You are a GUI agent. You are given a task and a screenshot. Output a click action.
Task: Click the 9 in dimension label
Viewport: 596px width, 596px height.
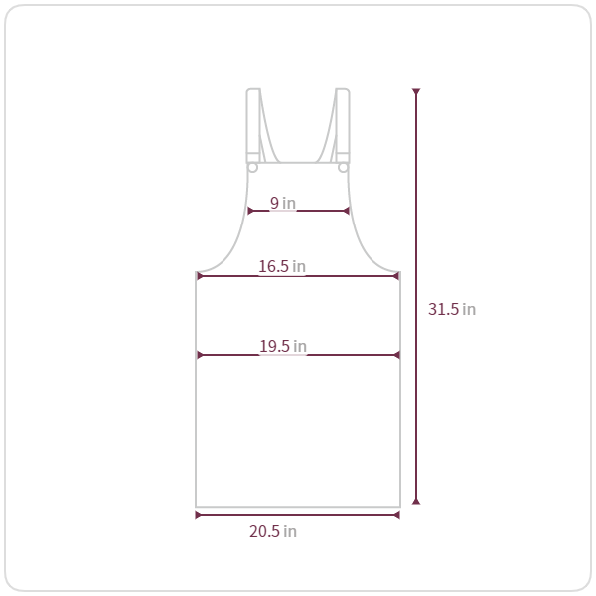(x=283, y=203)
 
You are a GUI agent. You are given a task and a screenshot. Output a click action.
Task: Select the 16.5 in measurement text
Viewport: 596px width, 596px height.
(x=282, y=266)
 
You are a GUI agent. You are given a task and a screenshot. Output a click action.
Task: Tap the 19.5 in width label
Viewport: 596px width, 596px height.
(x=283, y=346)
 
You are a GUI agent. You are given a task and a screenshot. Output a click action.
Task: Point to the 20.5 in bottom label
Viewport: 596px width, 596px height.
(x=273, y=531)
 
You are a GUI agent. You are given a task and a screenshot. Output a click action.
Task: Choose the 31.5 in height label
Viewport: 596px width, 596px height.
(x=452, y=309)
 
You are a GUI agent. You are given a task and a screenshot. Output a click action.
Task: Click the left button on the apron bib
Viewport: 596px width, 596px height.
(x=252, y=167)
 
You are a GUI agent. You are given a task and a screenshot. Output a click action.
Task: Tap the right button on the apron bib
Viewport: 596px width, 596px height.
(x=343, y=167)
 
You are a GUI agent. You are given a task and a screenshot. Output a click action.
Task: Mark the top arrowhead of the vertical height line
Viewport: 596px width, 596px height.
(x=416, y=91)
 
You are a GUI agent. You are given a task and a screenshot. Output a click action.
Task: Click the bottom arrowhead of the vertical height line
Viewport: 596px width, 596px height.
(x=416, y=502)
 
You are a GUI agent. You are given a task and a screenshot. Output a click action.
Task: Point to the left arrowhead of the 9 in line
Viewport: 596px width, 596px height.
(x=250, y=211)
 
